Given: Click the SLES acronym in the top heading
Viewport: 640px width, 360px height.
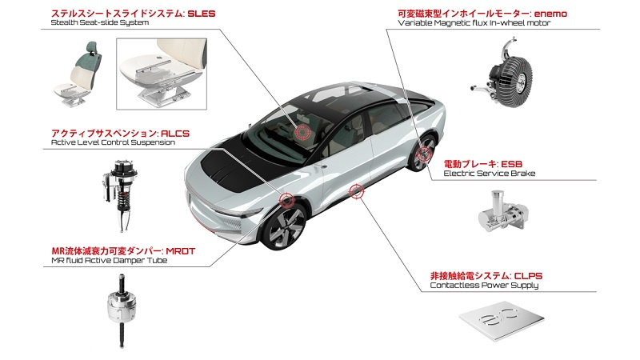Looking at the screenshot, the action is (202, 14).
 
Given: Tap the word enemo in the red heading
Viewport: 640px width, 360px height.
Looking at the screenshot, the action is (550, 14).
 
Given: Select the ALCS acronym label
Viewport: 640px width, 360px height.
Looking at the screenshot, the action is (175, 134).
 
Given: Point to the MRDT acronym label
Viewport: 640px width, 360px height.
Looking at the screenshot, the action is (181, 251).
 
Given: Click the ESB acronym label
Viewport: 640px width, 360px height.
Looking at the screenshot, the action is (511, 164).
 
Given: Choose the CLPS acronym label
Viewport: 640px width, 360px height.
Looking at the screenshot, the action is (528, 276).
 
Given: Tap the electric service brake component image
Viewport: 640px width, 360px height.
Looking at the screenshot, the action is (503, 211).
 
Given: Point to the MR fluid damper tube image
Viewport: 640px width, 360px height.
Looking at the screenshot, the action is (122, 310).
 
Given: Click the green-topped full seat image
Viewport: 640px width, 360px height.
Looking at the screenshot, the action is (78, 74).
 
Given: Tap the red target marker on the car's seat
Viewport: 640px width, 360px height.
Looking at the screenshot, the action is (302, 131).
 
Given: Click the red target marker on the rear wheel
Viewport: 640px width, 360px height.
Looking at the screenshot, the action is (424, 154).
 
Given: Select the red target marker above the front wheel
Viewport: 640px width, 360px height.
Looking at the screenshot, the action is (286, 199).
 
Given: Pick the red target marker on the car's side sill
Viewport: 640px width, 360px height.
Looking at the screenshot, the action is (356, 191).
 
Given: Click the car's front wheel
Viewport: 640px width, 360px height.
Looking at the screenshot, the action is (286, 225).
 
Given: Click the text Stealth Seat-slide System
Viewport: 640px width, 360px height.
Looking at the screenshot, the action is (100, 22).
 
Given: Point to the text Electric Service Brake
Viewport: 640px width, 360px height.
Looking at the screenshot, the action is (490, 174).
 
